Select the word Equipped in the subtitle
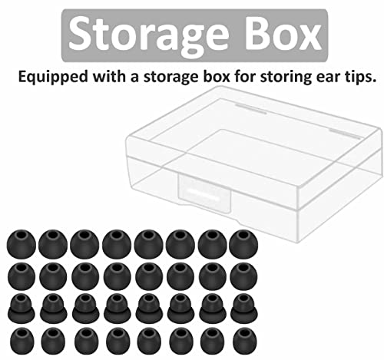[53, 77]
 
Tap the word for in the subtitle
[245, 76]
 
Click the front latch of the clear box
[204, 193]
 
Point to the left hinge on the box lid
[251, 109]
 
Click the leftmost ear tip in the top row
[22, 243]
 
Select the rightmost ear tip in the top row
[243, 244]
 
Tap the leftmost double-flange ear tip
[22, 308]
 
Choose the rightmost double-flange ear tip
[244, 309]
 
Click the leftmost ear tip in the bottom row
[22, 341]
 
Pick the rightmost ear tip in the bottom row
[244, 341]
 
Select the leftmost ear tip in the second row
[22, 276]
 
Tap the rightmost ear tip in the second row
[243, 276]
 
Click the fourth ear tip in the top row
[117, 244]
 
